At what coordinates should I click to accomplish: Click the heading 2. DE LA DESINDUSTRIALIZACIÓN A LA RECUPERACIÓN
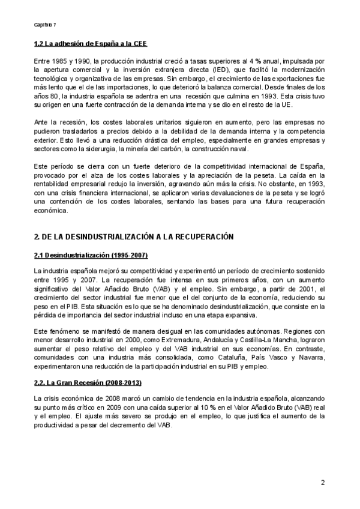[133, 238]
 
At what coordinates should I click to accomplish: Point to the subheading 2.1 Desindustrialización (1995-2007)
[91, 256]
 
